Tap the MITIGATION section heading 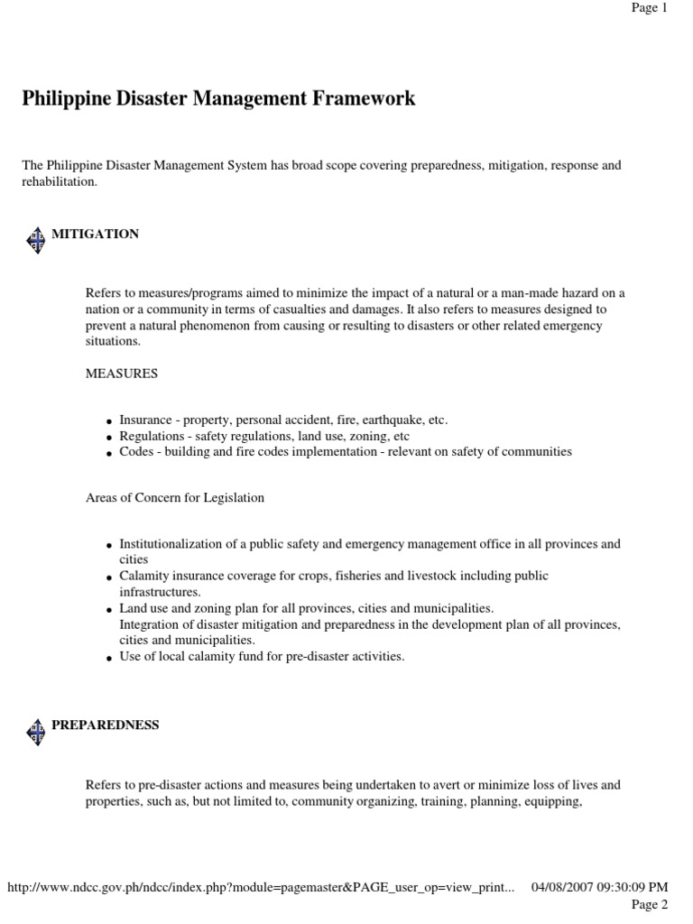tap(95, 234)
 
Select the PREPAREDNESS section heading tap(105, 725)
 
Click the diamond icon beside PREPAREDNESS tap(35, 731)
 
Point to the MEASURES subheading tap(122, 372)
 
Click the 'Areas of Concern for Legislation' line tap(175, 497)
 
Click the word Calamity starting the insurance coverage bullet tap(143, 576)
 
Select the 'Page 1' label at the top tap(649, 8)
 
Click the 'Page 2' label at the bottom tap(649, 904)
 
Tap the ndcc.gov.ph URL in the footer tap(261, 888)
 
